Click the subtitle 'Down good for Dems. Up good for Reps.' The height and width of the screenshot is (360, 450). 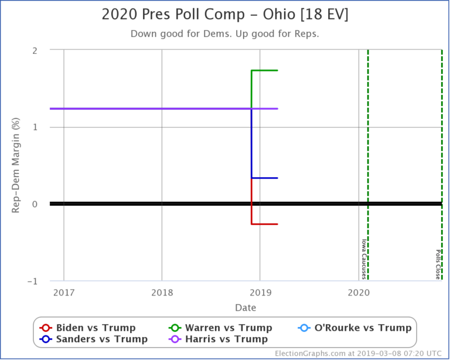[225, 33]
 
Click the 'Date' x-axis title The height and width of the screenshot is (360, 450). [246, 307]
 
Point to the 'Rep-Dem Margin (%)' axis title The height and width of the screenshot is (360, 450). [17, 166]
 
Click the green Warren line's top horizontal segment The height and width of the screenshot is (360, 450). [264, 70]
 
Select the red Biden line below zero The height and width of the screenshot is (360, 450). [264, 224]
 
